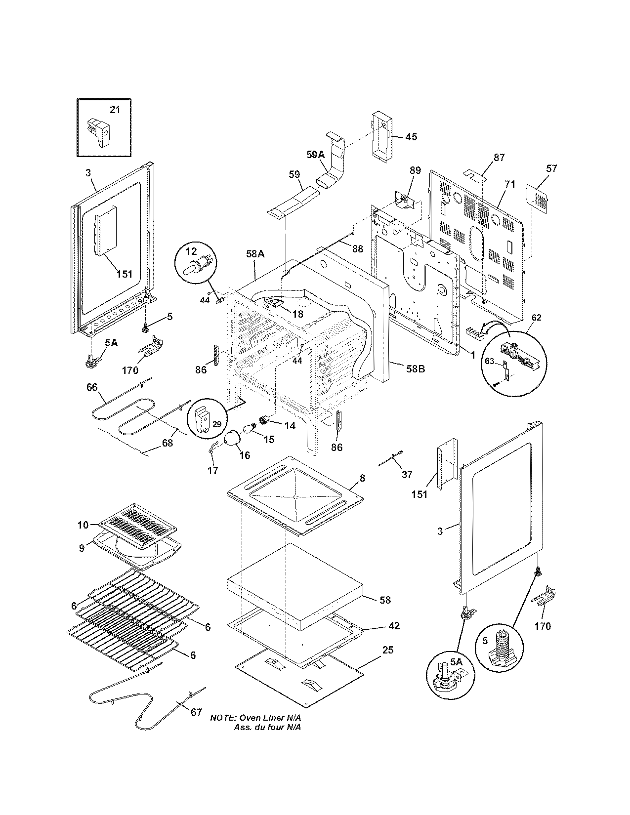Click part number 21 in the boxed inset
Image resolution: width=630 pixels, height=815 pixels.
point(115,110)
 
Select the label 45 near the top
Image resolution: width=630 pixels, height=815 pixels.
point(411,137)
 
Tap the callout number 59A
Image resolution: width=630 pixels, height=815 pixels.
point(315,155)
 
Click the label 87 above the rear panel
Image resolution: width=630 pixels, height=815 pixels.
point(499,158)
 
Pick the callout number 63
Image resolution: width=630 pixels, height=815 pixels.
point(489,361)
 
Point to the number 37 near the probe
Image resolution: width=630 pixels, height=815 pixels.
point(407,475)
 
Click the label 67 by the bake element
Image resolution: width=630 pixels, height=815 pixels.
point(196,712)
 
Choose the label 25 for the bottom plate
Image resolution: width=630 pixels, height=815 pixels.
point(388,650)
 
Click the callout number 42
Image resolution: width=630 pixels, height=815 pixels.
point(394,625)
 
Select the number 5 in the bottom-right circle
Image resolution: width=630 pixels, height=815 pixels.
point(485,641)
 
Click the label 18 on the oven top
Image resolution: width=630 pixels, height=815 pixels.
point(297,313)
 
